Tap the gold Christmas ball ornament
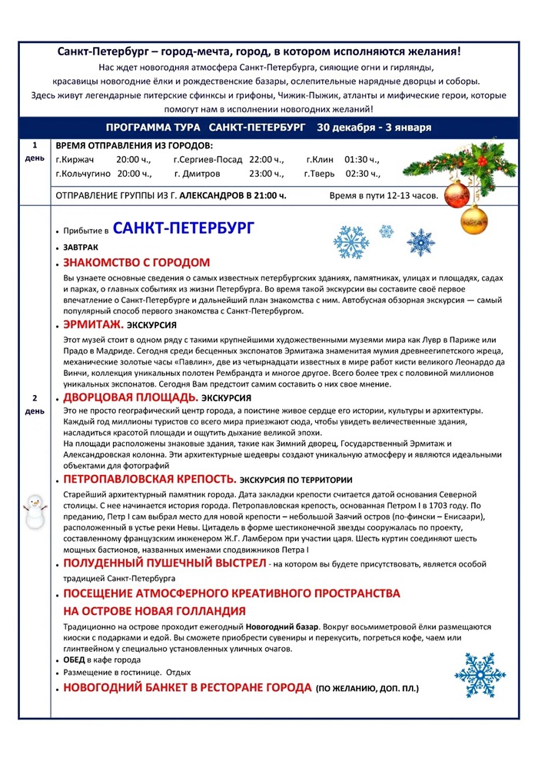473,219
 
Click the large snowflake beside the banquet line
474,674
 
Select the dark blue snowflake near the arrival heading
420,242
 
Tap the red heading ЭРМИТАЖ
92,324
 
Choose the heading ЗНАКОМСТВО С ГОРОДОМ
136,262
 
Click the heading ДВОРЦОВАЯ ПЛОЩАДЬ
131,397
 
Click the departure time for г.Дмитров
267,174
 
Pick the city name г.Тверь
318,174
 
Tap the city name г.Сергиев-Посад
208,160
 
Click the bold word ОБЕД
75,660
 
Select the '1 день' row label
35,151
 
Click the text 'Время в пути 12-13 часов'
384,196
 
